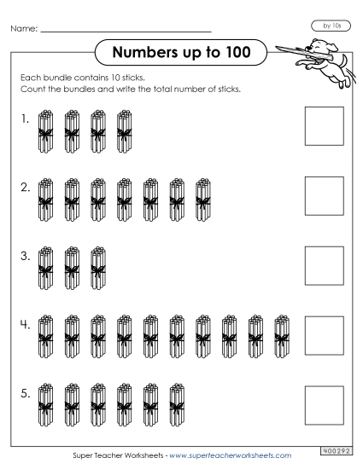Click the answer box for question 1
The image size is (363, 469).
[324, 126]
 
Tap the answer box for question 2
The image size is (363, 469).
[324, 195]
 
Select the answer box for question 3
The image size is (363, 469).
[324, 265]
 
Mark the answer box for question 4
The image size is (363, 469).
[324, 334]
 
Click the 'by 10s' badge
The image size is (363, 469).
[326, 26]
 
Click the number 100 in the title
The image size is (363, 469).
[233, 53]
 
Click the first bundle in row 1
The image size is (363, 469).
[45, 131]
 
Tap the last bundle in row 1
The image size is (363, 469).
[126, 131]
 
